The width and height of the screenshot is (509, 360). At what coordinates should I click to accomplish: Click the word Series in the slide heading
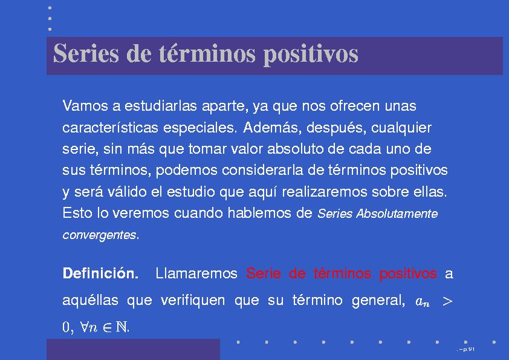[86, 53]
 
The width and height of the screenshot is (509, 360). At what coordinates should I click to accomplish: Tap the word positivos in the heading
[311, 54]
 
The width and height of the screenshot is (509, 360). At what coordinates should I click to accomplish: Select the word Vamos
[85, 106]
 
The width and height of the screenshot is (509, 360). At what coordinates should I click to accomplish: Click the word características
[111, 128]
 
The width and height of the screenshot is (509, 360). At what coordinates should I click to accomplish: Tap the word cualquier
[401, 128]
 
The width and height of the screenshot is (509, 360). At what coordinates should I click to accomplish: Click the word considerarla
[262, 170]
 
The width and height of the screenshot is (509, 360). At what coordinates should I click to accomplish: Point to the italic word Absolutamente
[397, 214]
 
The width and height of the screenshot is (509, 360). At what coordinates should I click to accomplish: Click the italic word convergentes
[99, 235]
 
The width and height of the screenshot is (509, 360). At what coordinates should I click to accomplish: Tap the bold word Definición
[100, 273]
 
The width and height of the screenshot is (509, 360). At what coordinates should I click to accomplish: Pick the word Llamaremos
[196, 273]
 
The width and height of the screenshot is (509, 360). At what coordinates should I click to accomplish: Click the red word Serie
[263, 273]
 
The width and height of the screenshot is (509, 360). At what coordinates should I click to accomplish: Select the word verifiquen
[193, 300]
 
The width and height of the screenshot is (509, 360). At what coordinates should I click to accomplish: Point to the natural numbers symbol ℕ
[122, 327]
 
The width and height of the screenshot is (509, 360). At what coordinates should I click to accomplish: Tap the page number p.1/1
[467, 350]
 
